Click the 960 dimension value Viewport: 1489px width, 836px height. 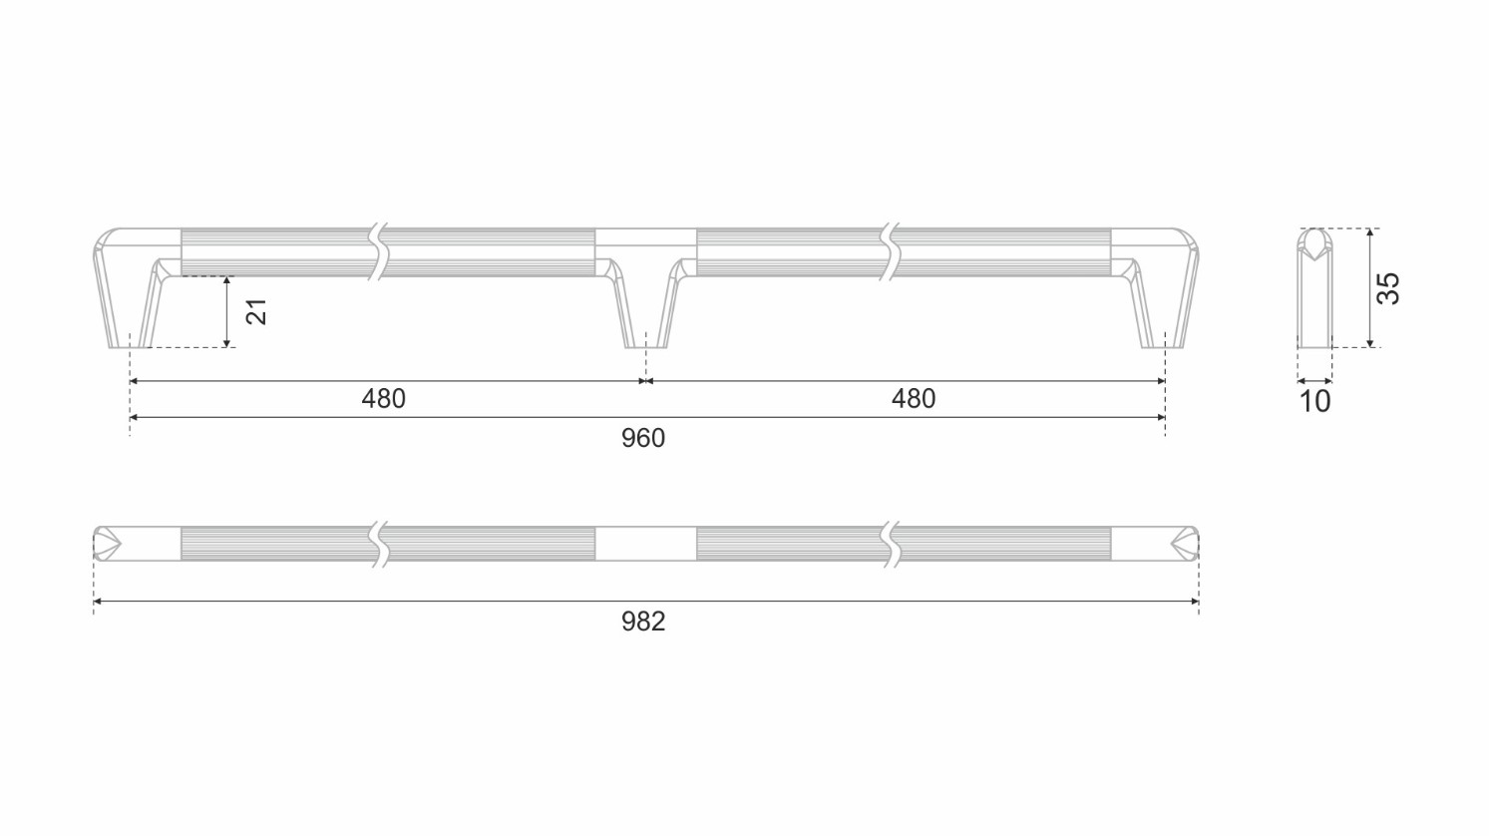(643, 438)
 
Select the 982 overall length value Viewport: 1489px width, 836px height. (643, 622)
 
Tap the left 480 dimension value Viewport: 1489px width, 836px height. (383, 399)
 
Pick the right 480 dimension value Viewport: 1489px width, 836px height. (914, 399)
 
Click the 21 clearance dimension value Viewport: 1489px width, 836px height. (256, 312)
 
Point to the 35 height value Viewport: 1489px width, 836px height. (1388, 288)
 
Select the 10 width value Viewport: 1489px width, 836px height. (1314, 402)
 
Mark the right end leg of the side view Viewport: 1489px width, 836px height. (1163, 292)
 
